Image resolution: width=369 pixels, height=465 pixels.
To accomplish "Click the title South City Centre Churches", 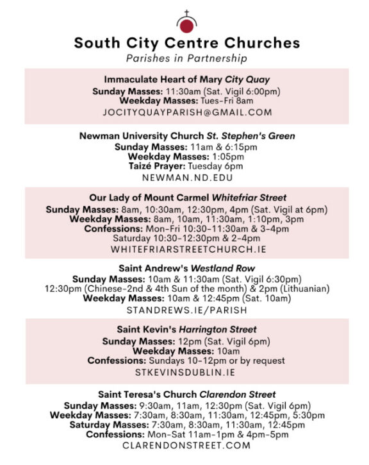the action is point(186,44).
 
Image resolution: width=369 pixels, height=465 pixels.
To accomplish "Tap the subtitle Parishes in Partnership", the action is point(186,58).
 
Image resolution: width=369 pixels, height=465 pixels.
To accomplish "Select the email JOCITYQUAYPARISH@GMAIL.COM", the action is point(186,112).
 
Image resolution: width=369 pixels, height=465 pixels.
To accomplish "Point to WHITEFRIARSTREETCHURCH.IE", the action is point(186,249).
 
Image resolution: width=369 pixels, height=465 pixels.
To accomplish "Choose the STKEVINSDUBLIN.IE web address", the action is point(186,372).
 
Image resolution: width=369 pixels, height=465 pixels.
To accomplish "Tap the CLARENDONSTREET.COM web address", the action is point(186,445).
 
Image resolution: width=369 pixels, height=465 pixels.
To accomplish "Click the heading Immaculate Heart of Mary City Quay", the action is point(186,80).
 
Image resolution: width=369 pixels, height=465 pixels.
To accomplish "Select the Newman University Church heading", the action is point(186,136).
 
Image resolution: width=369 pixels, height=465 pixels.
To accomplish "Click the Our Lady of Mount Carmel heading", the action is point(186,198).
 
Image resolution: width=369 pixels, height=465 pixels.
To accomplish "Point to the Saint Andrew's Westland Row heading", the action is point(186,268).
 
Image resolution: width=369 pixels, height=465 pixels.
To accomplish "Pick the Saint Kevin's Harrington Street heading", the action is point(186,330).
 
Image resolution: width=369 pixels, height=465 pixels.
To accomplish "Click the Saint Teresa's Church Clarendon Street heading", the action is point(186,394).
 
